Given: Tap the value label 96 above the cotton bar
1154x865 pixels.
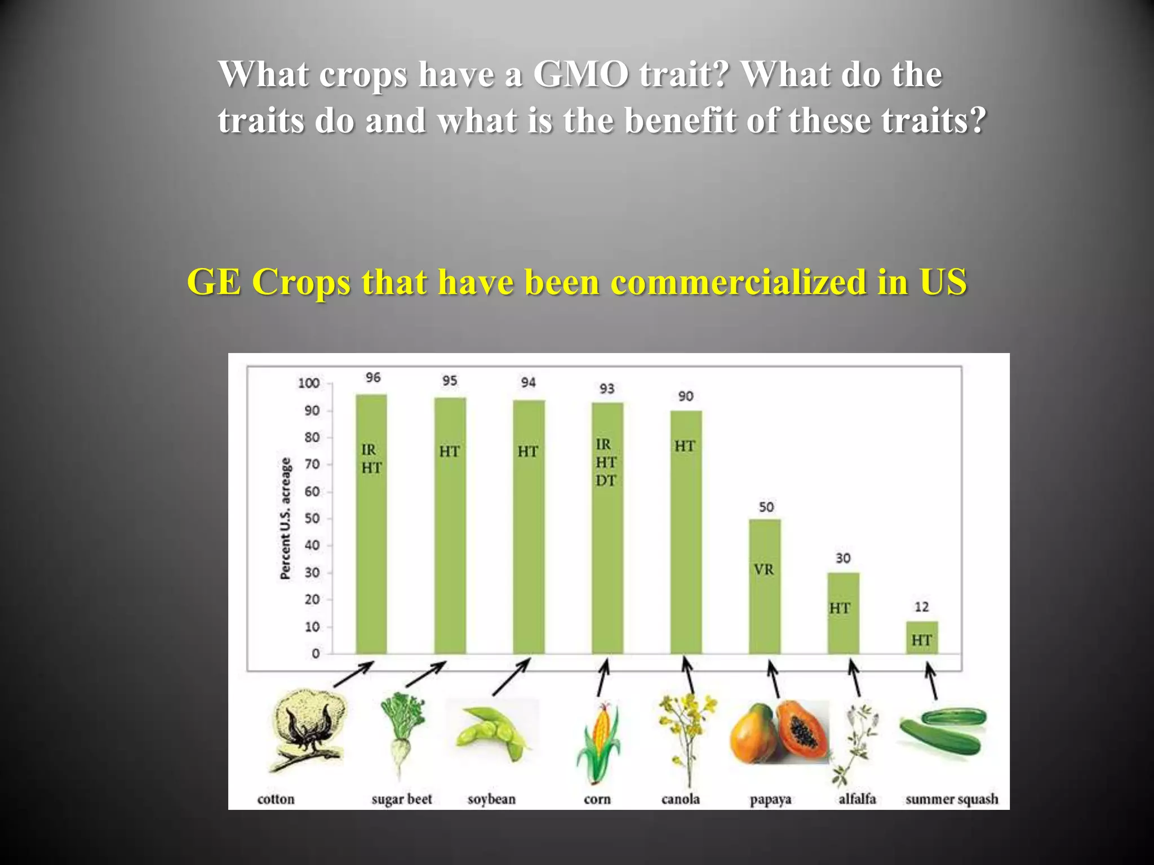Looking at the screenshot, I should (x=373, y=377).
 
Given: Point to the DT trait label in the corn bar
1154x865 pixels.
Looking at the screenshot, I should (x=606, y=480).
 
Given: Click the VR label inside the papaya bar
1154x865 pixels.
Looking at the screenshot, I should (x=764, y=570).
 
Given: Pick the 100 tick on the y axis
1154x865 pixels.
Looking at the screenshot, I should (x=309, y=384).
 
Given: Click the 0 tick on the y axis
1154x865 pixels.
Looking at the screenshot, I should (x=316, y=654).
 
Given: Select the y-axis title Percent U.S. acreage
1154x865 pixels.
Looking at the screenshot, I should (x=286, y=518).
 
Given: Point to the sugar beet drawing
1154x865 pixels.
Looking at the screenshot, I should (x=401, y=732).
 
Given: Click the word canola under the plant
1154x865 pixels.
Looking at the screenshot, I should (x=680, y=799).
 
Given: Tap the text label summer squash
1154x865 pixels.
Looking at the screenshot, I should (x=951, y=799).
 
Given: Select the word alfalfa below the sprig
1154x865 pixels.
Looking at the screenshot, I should (x=857, y=799).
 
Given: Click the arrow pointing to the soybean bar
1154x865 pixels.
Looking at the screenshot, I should (x=511, y=677).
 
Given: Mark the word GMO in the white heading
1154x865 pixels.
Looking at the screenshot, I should (x=580, y=74).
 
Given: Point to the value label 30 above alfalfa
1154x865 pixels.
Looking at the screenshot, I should (x=843, y=558).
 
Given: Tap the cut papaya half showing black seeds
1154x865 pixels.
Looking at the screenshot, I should (x=802, y=729).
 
